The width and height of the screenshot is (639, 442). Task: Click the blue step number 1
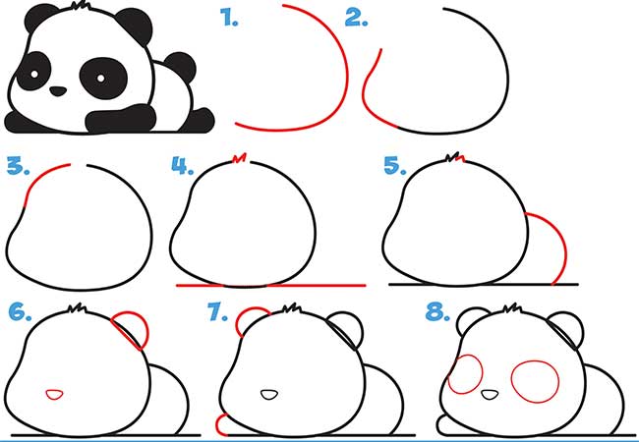tap(229, 18)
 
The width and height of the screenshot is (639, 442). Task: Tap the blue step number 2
tap(356, 18)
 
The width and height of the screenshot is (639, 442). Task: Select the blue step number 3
tap(19, 166)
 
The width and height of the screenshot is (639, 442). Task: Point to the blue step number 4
tap(182, 166)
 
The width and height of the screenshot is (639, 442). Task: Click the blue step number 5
tap(395, 166)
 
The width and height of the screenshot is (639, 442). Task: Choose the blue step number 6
tap(20, 311)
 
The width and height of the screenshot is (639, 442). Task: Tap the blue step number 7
tap(217, 311)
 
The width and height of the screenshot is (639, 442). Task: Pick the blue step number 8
tap(437, 311)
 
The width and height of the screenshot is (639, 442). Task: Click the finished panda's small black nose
tap(58, 90)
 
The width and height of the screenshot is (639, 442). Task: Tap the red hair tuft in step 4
tap(240, 157)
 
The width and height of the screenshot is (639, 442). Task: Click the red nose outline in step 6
tap(54, 395)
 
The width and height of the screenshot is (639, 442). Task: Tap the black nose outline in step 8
tap(490, 395)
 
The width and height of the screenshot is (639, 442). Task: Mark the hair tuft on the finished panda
tap(81, 6)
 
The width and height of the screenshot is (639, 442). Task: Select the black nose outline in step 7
tap(269, 395)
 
